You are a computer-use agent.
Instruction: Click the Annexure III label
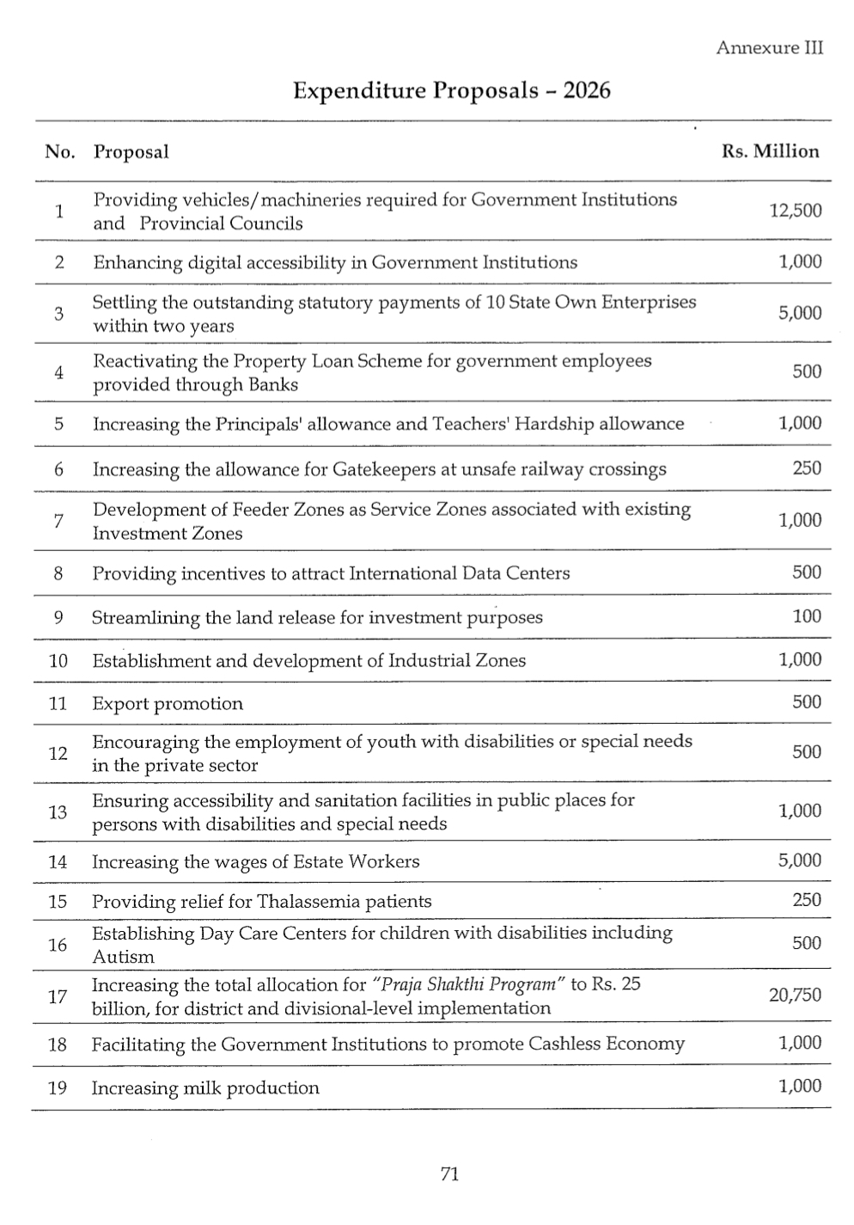coord(769,48)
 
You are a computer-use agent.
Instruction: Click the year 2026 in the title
coord(587,90)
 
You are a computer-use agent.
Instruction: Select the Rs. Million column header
coord(770,151)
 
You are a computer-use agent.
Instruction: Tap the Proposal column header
coord(131,152)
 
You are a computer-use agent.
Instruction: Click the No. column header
coord(59,152)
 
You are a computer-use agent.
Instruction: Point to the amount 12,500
coord(795,211)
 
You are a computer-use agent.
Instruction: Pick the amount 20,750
coord(795,995)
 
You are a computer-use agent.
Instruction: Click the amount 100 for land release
coord(807,616)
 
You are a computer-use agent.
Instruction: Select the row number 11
coord(58,703)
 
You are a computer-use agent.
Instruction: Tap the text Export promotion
coord(168,703)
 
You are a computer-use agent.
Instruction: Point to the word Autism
coord(123,957)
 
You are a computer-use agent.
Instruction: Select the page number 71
coord(449,1174)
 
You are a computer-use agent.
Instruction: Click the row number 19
coord(58,1087)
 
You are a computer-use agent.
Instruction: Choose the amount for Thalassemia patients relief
coord(807,900)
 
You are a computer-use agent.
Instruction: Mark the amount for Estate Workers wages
coord(799,861)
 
